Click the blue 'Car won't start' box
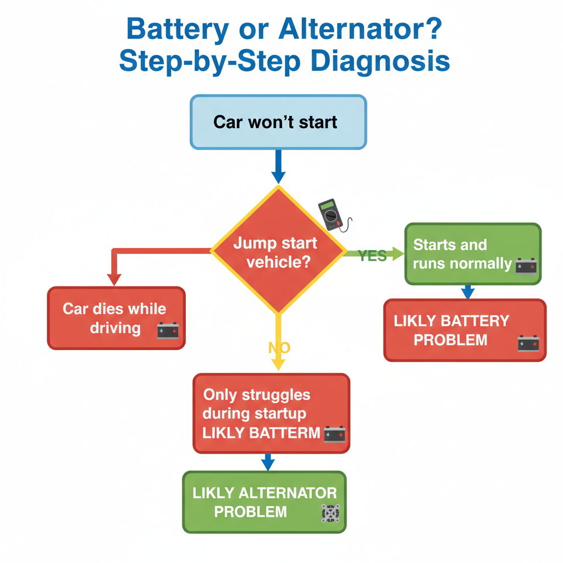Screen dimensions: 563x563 [278, 122]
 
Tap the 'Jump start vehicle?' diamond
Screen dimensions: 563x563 [279, 250]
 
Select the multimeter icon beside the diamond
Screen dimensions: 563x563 [332, 215]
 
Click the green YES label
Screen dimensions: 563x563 [372, 256]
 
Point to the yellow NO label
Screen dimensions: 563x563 [279, 347]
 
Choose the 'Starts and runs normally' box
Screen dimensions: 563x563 [473, 254]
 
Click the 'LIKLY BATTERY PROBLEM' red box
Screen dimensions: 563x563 [465, 330]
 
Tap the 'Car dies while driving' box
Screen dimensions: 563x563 [116, 318]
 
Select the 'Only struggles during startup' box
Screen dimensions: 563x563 [271, 413]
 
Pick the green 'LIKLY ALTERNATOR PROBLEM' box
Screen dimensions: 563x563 [264, 501]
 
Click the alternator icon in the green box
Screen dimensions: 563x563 [330, 512]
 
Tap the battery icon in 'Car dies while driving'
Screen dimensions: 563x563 [168, 330]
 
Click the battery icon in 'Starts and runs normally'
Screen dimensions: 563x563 [526, 267]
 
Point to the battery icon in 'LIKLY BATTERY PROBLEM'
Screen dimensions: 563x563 [528, 344]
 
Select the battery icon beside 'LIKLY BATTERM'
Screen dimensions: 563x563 [334, 434]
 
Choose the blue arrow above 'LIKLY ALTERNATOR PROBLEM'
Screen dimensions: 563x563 [268, 462]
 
